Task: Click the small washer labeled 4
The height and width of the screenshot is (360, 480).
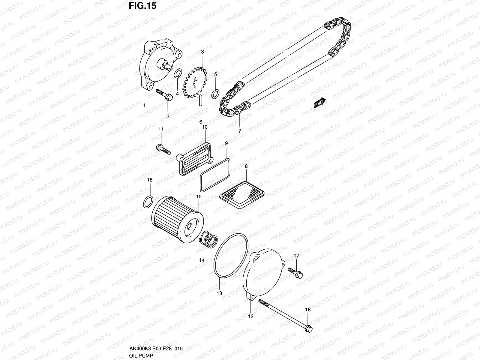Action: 178,73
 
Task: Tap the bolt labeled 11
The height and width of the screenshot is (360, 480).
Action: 162,149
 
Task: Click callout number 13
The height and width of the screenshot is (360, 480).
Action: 219,293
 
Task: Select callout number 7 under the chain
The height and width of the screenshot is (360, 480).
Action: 240,131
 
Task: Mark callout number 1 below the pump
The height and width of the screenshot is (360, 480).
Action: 144,105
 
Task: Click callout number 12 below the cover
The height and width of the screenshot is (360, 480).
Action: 250,316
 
